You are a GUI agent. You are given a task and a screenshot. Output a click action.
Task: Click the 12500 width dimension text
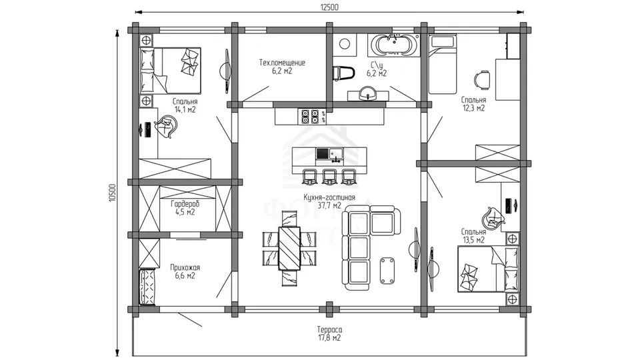point(329,7)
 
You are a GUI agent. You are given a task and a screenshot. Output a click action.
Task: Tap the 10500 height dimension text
point(113,193)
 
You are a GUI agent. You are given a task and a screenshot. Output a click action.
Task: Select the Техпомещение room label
point(282,63)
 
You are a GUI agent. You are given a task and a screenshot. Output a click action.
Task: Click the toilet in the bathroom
point(343,73)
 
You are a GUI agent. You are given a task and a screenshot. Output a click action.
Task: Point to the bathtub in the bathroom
point(393,45)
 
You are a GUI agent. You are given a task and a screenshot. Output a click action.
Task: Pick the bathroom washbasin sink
point(368,93)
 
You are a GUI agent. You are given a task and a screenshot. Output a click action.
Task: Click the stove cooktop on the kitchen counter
point(313,116)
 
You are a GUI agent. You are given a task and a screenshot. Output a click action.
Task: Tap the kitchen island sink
point(329,154)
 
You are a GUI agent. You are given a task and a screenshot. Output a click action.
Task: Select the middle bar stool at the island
point(329,176)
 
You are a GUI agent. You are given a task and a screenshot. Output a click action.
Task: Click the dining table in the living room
point(289,248)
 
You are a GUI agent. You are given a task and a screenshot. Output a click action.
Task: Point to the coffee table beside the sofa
point(387,270)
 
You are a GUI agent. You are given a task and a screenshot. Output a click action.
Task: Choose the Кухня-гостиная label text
point(329,197)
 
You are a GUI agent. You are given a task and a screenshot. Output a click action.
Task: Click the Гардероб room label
point(185,204)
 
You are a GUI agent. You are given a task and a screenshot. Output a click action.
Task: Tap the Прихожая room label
point(185,268)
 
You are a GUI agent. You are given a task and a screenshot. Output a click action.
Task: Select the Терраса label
point(329,329)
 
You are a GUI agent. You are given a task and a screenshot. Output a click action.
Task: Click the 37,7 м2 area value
point(329,206)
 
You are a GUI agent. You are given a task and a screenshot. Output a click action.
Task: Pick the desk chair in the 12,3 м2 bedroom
point(481,79)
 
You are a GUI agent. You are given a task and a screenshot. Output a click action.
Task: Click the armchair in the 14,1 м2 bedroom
point(167,126)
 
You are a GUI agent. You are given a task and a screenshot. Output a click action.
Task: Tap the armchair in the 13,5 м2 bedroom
point(493,217)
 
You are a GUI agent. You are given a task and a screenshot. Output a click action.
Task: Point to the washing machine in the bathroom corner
point(345,45)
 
